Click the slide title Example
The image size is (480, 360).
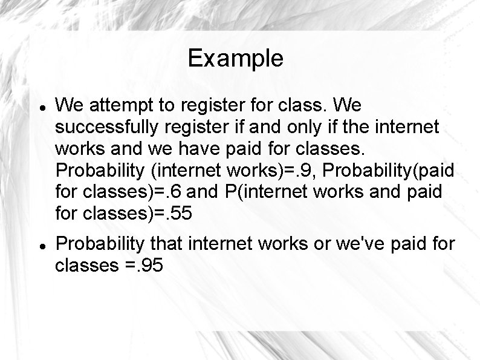coord(235,59)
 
